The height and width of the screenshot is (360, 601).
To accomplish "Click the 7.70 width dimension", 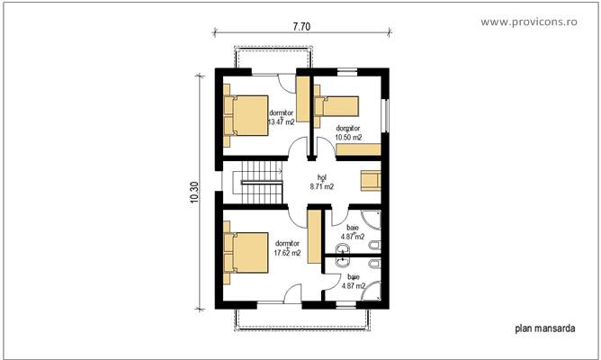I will [x=301, y=27].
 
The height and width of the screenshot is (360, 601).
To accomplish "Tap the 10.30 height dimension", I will [x=195, y=193].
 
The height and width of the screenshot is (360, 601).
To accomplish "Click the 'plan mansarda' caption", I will [x=544, y=329].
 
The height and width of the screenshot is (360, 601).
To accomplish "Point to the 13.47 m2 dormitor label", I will [x=282, y=117].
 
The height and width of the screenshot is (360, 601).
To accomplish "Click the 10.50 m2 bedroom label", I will [x=348, y=133].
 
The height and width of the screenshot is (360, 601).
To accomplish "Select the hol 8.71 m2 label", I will [x=321, y=183].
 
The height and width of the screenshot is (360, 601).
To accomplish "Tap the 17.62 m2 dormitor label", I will [x=287, y=247].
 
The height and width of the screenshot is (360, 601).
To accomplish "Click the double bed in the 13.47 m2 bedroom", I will [x=246, y=114].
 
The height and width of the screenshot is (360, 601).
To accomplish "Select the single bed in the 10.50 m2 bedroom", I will [x=336, y=108].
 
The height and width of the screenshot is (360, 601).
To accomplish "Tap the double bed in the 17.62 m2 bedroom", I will [x=246, y=253].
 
